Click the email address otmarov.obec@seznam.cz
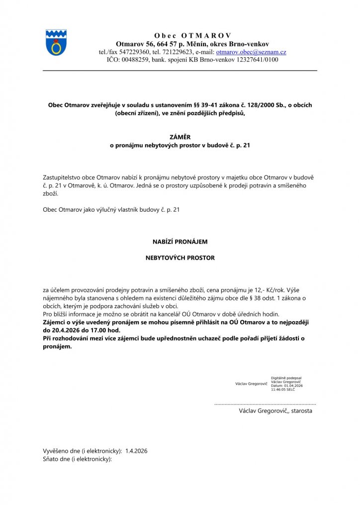251,52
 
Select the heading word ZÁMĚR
180,137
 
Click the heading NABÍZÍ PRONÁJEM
180,242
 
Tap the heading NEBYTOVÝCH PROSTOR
180,258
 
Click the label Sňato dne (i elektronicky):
77,459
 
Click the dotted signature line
265,405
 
